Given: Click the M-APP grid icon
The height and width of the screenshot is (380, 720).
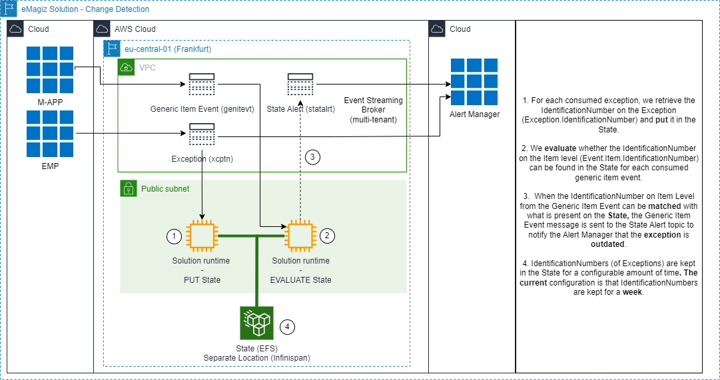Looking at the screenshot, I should tap(50, 70).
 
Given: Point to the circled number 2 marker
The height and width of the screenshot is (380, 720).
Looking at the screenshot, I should tap(327, 236).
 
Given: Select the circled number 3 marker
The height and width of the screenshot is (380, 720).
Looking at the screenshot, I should tap(313, 157).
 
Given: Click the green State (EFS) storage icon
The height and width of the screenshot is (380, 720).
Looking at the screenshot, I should tap(257, 323).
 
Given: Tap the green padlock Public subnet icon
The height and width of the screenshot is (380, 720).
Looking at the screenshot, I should tap(128, 188).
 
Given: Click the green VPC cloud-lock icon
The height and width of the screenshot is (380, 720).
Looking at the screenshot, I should tap(126, 67).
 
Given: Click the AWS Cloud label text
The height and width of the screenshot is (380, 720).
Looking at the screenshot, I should tap(135, 29).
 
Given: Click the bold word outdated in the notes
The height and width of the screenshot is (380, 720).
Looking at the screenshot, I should tap(608, 244).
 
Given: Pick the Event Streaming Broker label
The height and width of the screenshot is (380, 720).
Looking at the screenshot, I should tap(373, 109).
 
